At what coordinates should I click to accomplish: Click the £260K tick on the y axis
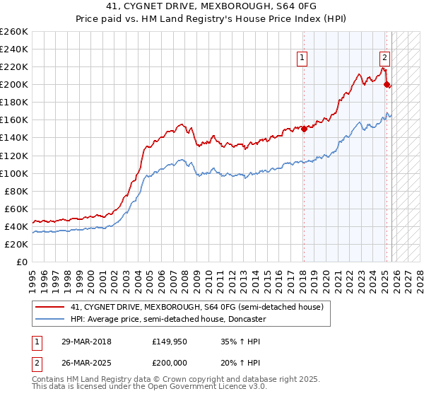[x=13, y=32]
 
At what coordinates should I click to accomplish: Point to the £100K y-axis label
[x=13, y=173]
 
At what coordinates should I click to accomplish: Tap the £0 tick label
[x=22, y=262]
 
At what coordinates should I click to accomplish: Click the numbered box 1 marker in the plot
[x=302, y=58]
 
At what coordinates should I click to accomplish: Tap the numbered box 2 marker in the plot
[x=384, y=58]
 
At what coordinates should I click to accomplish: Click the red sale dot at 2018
[x=304, y=129]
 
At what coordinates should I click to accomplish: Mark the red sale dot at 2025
[x=387, y=84]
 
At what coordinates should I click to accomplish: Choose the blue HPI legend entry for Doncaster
[x=167, y=319]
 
